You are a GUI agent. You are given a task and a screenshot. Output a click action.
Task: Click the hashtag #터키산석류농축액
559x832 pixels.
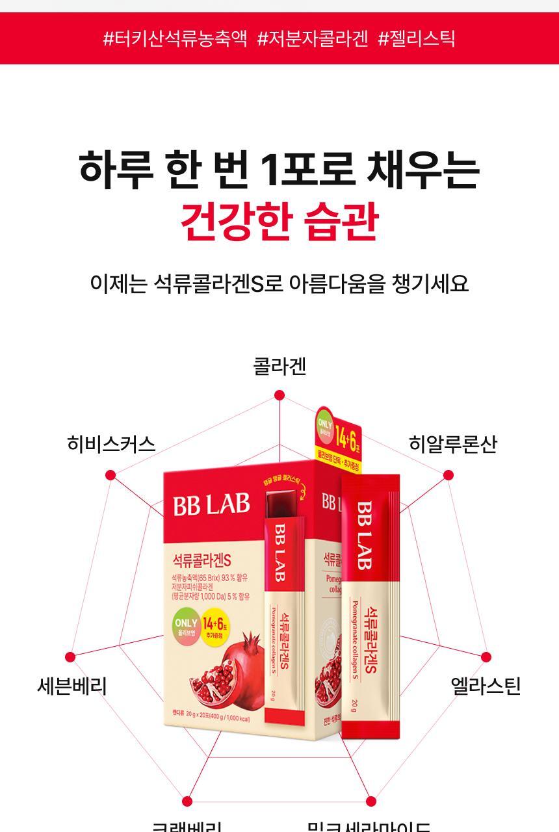pyautogui.click(x=175, y=38)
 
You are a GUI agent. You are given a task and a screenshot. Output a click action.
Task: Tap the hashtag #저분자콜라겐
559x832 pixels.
pyautogui.click(x=313, y=38)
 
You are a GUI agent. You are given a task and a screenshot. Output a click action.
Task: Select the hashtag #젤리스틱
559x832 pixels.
pyautogui.click(x=417, y=38)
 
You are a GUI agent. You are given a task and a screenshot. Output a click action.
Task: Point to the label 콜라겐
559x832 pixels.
pyautogui.click(x=279, y=367)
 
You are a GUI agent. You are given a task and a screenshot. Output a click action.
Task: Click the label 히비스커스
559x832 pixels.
pyautogui.click(x=111, y=444)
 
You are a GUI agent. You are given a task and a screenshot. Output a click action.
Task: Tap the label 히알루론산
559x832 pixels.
pyautogui.click(x=452, y=444)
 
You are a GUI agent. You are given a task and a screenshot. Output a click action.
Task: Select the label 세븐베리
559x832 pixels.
pyautogui.click(x=71, y=686)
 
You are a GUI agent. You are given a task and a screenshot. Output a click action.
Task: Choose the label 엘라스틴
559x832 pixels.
pyautogui.click(x=486, y=686)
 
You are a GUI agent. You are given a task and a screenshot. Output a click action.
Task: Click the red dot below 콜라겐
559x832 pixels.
pyautogui.click(x=279, y=395)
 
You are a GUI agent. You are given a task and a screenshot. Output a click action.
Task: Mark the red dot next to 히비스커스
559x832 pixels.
pyautogui.click(x=110, y=475)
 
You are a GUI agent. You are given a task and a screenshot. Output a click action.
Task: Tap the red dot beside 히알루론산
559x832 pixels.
pyautogui.click(x=448, y=475)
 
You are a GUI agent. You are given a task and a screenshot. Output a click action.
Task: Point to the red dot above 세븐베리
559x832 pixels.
pyautogui.click(x=70, y=657)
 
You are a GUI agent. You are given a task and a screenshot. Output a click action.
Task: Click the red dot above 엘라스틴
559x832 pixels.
pyautogui.click(x=486, y=657)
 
